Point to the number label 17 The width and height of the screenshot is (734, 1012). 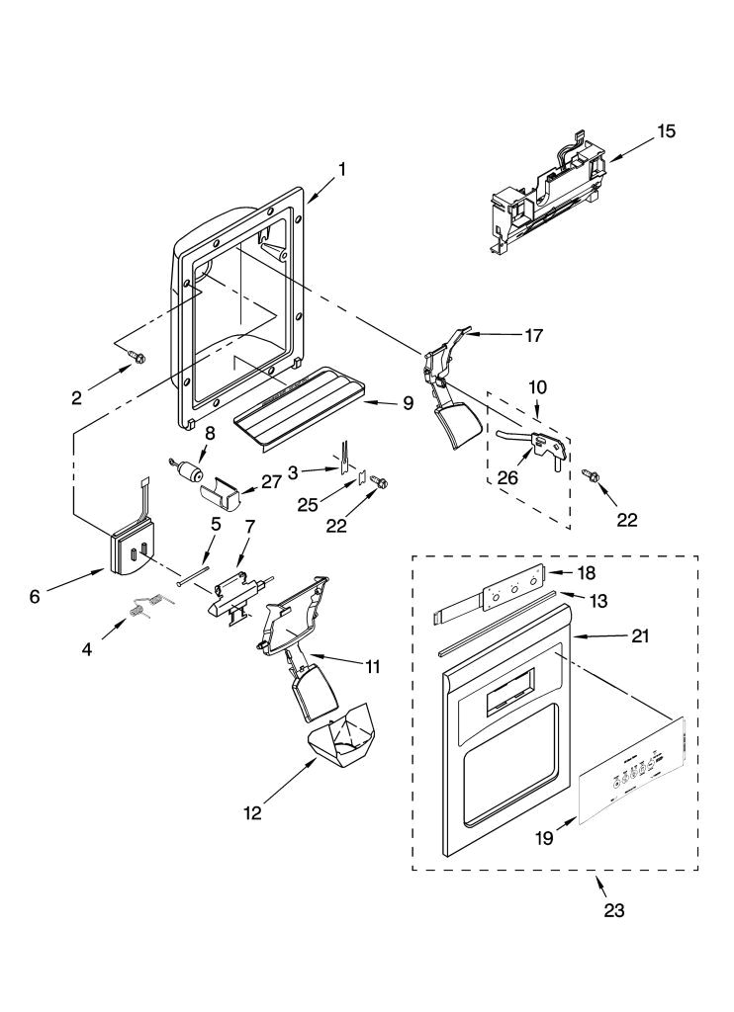pyautogui.click(x=533, y=335)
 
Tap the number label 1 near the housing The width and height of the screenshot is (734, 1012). pyautogui.click(x=341, y=169)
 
